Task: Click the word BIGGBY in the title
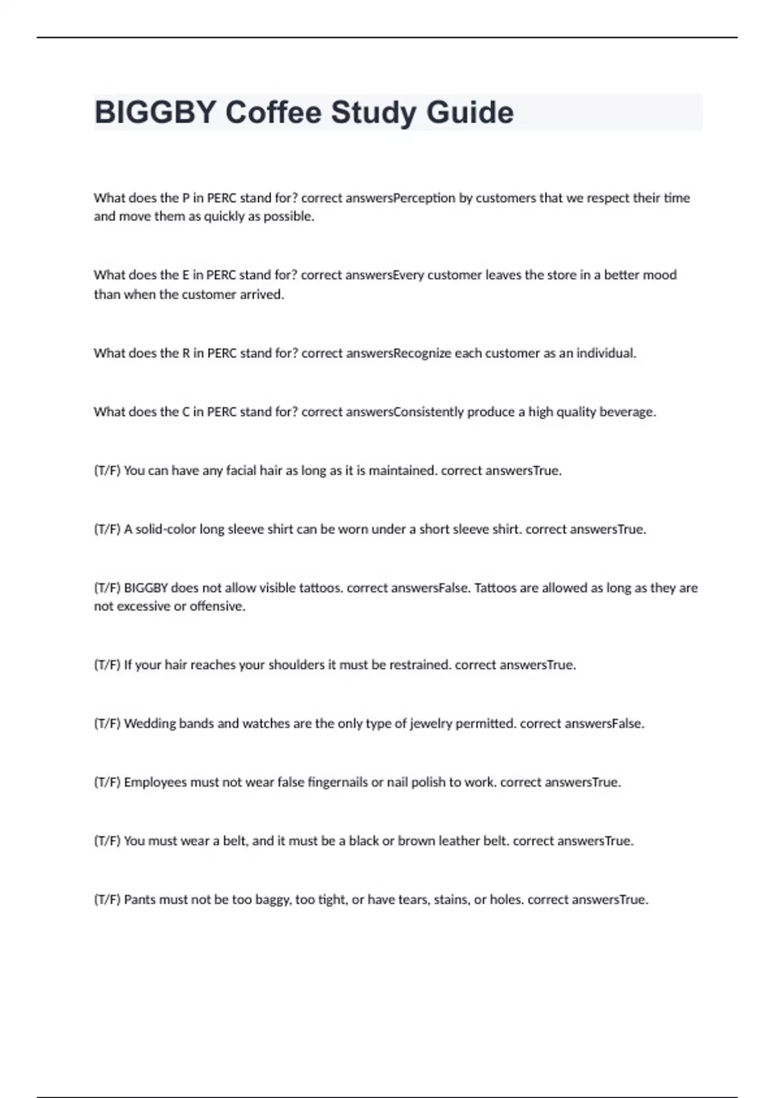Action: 154,112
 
